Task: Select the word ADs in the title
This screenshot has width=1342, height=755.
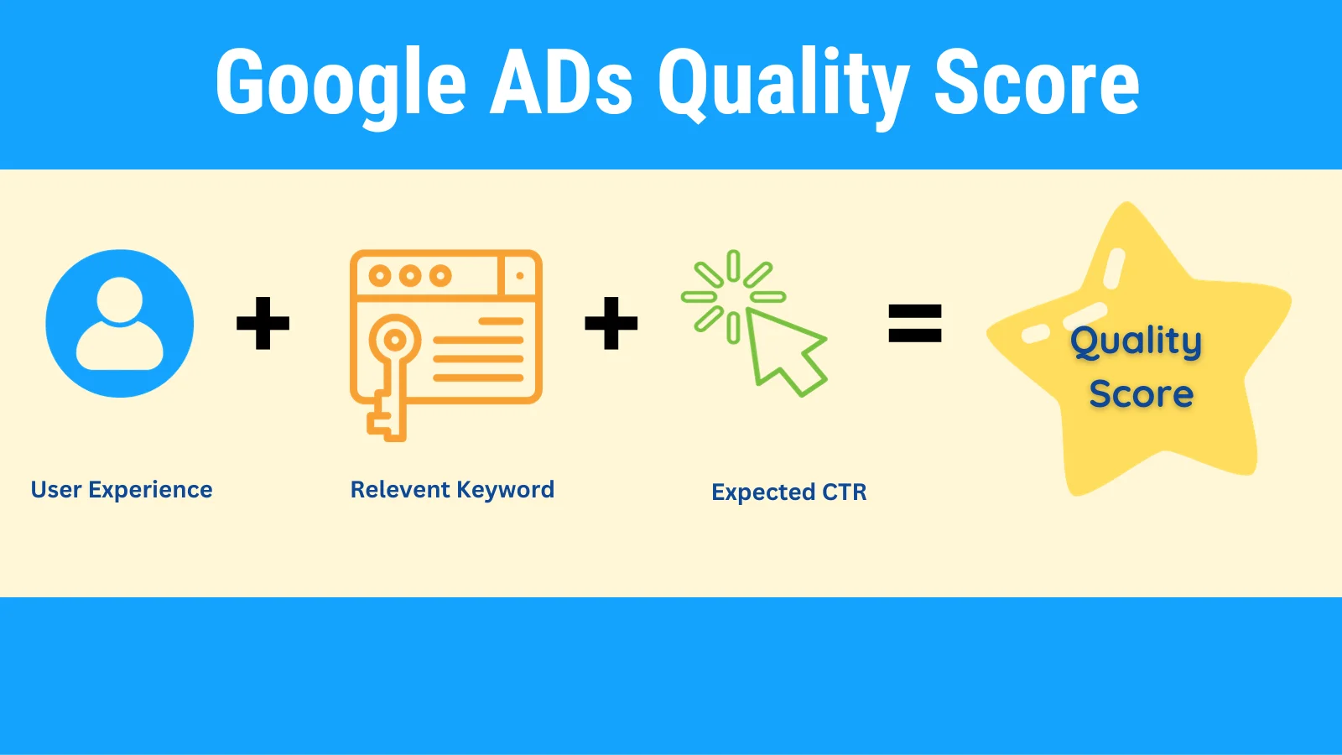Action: tap(561, 81)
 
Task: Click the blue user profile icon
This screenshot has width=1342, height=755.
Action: tap(120, 324)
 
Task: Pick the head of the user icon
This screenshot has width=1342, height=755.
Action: tap(120, 299)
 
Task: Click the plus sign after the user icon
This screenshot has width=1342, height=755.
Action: tap(263, 323)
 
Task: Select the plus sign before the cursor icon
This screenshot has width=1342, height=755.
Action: tap(611, 323)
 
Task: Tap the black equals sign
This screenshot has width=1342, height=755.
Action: tap(915, 324)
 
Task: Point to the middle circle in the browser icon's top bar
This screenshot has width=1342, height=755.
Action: tap(410, 276)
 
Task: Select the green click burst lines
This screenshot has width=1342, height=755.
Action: tap(733, 297)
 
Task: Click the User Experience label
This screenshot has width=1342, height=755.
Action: tap(122, 490)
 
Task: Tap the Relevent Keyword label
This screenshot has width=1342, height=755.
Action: tap(452, 490)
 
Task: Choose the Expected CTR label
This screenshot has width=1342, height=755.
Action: tap(789, 492)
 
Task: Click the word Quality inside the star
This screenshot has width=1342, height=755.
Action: tap(1136, 342)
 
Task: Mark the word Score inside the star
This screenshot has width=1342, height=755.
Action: tap(1142, 393)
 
